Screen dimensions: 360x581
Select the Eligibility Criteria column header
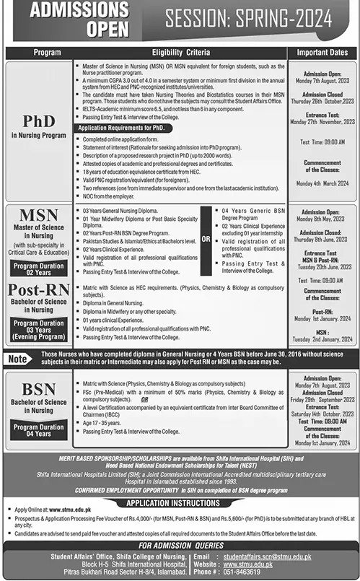180,53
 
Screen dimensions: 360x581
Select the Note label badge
19,358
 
